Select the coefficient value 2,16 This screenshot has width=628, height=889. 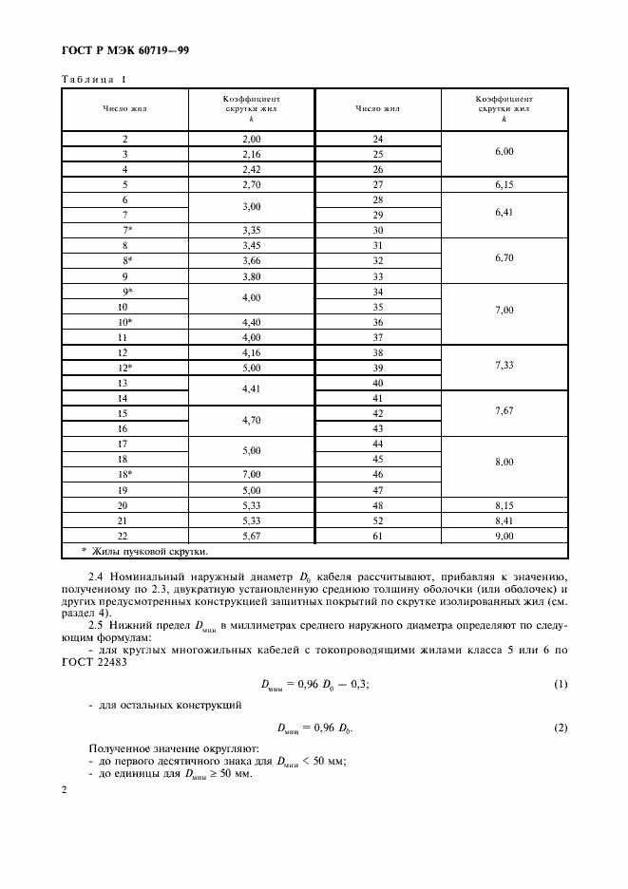tap(252, 153)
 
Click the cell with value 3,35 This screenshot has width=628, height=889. tap(252, 230)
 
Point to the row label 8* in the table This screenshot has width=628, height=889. tap(124, 260)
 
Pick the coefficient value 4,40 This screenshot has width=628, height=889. tap(252, 322)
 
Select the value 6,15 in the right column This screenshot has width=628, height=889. tap(504, 184)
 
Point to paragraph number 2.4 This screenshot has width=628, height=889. tap(96, 577)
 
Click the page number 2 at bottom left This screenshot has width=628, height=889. tap(64, 790)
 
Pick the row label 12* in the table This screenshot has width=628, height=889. tap(124, 368)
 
